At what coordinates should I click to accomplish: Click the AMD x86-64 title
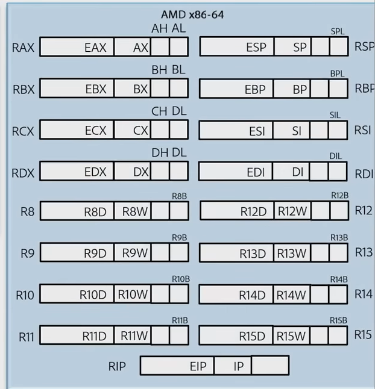(x=192, y=14)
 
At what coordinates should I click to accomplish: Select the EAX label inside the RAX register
(x=95, y=48)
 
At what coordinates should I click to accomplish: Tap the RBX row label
(x=24, y=90)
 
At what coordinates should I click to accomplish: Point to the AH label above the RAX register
(x=159, y=29)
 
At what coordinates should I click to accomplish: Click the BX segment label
(x=140, y=89)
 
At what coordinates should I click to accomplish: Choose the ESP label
(x=256, y=48)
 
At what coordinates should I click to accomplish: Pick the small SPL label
(x=338, y=31)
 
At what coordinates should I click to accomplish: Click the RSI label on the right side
(x=363, y=129)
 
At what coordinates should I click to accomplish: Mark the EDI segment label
(x=256, y=172)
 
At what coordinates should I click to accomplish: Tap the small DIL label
(x=335, y=156)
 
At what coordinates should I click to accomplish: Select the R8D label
(x=95, y=211)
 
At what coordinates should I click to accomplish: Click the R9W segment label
(x=135, y=253)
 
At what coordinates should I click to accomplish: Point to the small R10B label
(x=180, y=279)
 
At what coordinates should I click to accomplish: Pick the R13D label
(x=253, y=254)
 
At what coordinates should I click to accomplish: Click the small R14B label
(x=339, y=279)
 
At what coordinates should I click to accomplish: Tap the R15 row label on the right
(x=363, y=334)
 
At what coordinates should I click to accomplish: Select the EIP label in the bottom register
(x=198, y=366)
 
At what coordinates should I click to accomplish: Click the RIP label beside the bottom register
(x=117, y=366)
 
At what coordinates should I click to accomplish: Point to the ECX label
(x=95, y=130)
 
